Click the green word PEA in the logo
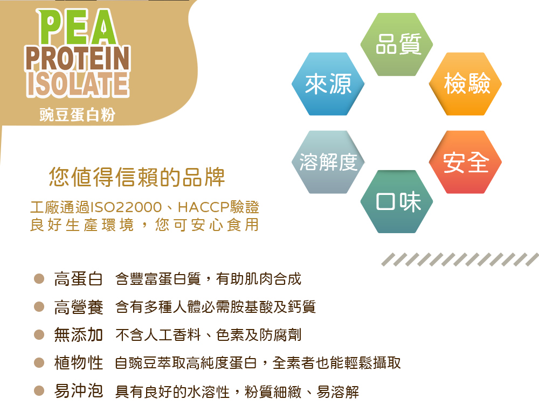(x=77, y=27)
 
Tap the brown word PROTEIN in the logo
(x=78, y=58)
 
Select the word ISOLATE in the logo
(x=78, y=84)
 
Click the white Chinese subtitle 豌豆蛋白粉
(x=77, y=115)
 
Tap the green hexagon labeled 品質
(x=397, y=44)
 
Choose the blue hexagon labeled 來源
(x=328, y=84)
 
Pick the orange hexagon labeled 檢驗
(x=466, y=84)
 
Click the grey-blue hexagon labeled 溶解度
(x=328, y=162)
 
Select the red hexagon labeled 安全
(x=466, y=162)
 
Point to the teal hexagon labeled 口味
(x=397, y=201)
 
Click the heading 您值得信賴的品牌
(x=137, y=177)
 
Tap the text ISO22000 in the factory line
(x=126, y=207)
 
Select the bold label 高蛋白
(x=78, y=279)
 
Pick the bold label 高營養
(x=78, y=307)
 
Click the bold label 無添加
(x=78, y=335)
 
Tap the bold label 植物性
(x=78, y=363)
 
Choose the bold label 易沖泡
(x=78, y=391)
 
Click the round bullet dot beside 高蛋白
(x=39, y=278)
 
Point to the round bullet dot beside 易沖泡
(x=39, y=390)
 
